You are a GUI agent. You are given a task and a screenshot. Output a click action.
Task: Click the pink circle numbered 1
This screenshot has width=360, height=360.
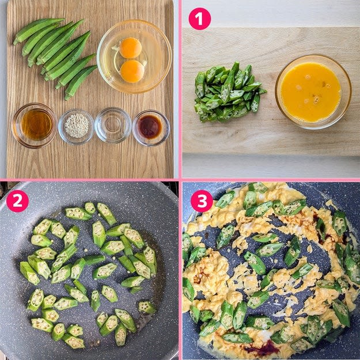(x=199, y=18)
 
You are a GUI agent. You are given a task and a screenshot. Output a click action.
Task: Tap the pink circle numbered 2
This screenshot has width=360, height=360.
(x=17, y=201)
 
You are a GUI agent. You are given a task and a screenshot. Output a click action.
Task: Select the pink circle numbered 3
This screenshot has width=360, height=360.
(x=202, y=201)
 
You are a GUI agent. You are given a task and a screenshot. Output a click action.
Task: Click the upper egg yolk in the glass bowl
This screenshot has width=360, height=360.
(x=130, y=48)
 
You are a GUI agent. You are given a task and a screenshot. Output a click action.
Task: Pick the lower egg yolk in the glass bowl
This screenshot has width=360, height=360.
(x=132, y=71)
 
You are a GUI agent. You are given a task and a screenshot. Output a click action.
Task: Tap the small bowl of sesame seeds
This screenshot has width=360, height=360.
(x=76, y=127)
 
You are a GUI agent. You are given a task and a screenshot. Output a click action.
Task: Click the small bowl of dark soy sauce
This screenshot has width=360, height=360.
(x=151, y=128)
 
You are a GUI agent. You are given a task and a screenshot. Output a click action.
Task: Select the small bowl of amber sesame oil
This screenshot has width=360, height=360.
(x=35, y=126)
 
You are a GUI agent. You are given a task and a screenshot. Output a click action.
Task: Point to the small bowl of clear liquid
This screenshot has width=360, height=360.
(x=113, y=125)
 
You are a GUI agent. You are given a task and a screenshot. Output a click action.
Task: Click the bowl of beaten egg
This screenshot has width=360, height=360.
(x=313, y=92)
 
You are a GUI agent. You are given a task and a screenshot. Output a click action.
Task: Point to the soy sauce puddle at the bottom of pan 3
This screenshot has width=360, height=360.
(x=262, y=350)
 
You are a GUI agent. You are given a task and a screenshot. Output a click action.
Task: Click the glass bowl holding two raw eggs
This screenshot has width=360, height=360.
(x=134, y=56)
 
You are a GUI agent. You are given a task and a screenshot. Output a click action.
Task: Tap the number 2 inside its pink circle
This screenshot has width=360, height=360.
(x=17, y=201)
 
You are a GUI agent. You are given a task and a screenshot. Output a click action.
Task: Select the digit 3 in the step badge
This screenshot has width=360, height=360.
(x=202, y=201)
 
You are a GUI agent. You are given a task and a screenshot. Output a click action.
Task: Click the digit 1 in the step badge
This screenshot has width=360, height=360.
(x=199, y=18)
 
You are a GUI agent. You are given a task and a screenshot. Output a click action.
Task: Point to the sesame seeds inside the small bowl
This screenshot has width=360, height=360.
(x=77, y=126)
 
